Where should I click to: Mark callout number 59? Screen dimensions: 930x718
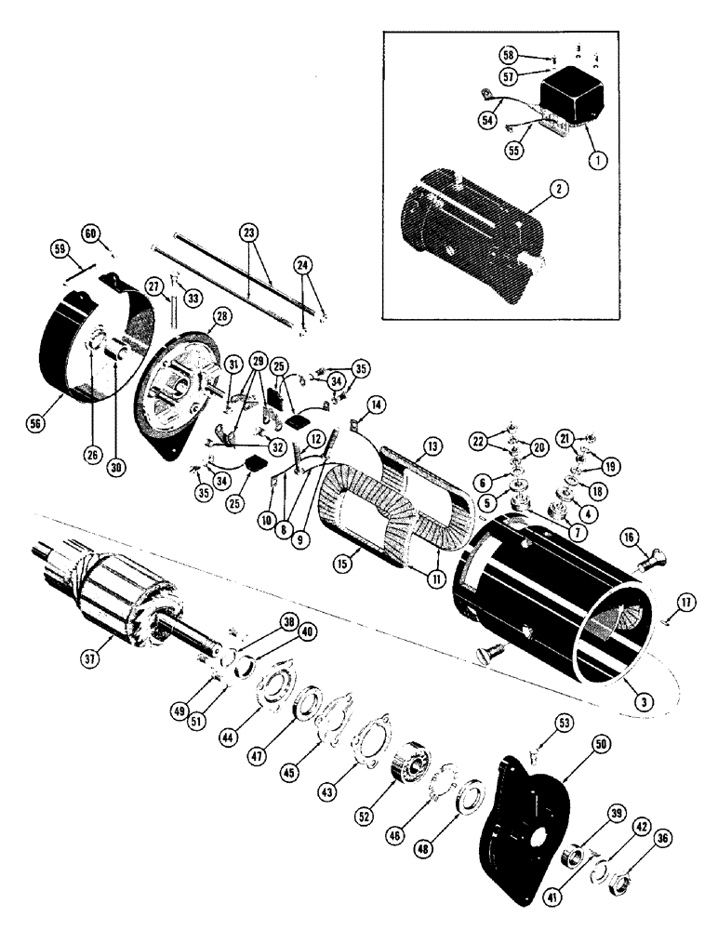(60, 250)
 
